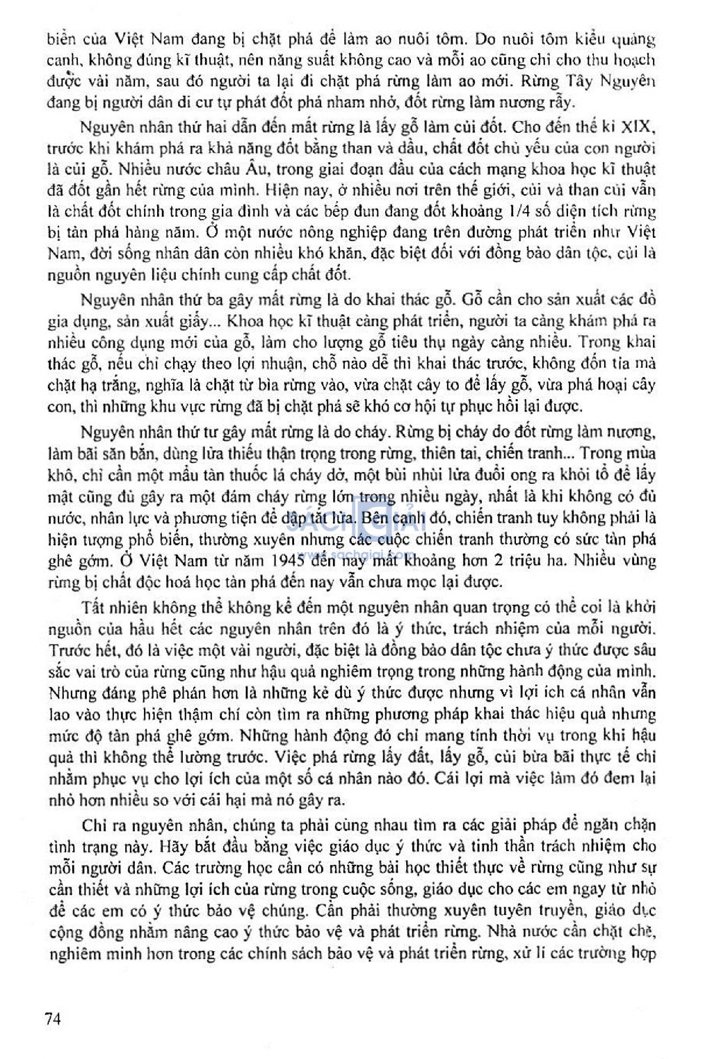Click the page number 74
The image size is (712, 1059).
coord(53,1019)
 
